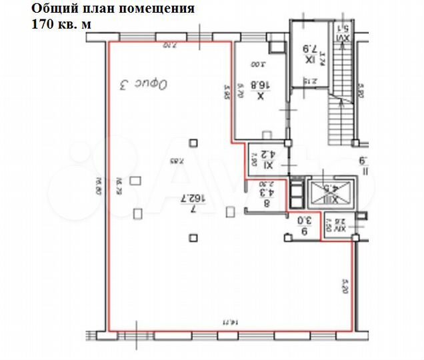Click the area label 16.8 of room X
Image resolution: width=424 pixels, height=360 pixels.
click(259, 91)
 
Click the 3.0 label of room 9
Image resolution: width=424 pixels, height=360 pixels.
click(303, 225)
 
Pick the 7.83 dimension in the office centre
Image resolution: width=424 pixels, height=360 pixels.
click(175, 160)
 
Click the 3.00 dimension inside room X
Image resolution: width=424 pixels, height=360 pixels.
click(259, 65)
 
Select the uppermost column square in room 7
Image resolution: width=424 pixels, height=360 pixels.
click(193, 141)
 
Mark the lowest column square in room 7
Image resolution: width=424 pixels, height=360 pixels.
click(193, 237)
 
